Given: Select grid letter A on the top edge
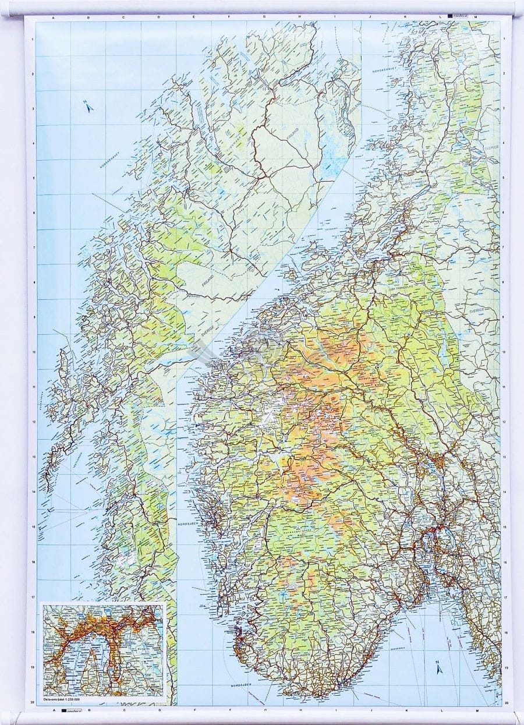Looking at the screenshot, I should [54, 19].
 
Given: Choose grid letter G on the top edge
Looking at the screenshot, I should [264, 19].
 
